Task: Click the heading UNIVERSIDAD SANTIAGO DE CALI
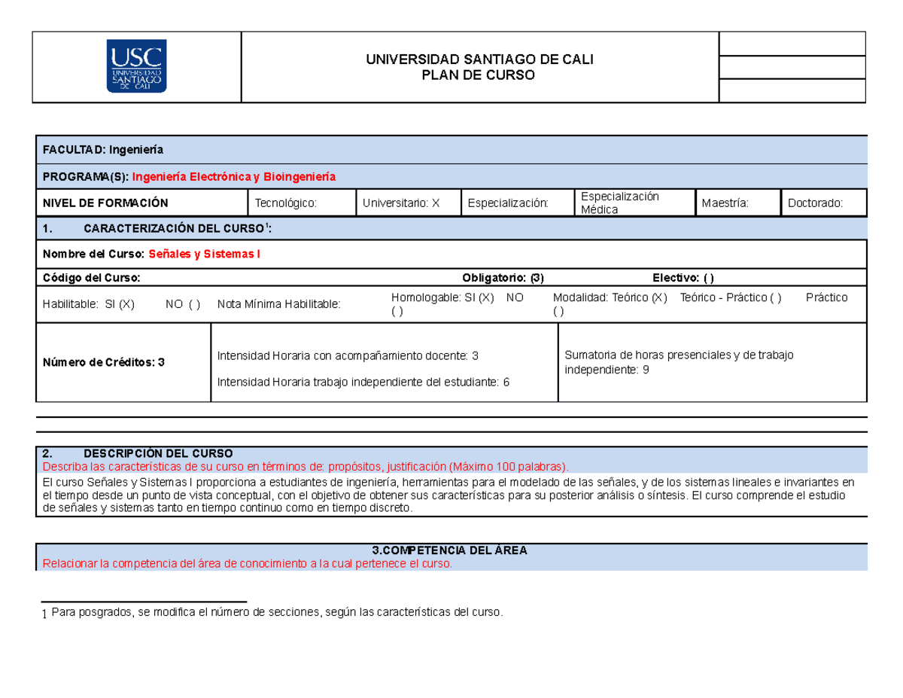(x=480, y=60)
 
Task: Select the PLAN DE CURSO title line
(x=480, y=75)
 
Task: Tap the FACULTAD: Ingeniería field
(x=104, y=149)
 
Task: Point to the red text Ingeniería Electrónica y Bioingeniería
(x=234, y=176)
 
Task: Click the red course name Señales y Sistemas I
(x=205, y=254)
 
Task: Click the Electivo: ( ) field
(x=683, y=278)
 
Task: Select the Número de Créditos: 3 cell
(x=104, y=362)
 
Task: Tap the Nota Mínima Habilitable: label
(x=278, y=304)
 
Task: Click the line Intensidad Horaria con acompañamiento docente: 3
(x=348, y=355)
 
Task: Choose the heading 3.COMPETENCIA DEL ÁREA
(x=451, y=550)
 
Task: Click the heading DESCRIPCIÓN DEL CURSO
(x=158, y=453)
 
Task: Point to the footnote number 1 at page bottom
(x=44, y=615)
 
